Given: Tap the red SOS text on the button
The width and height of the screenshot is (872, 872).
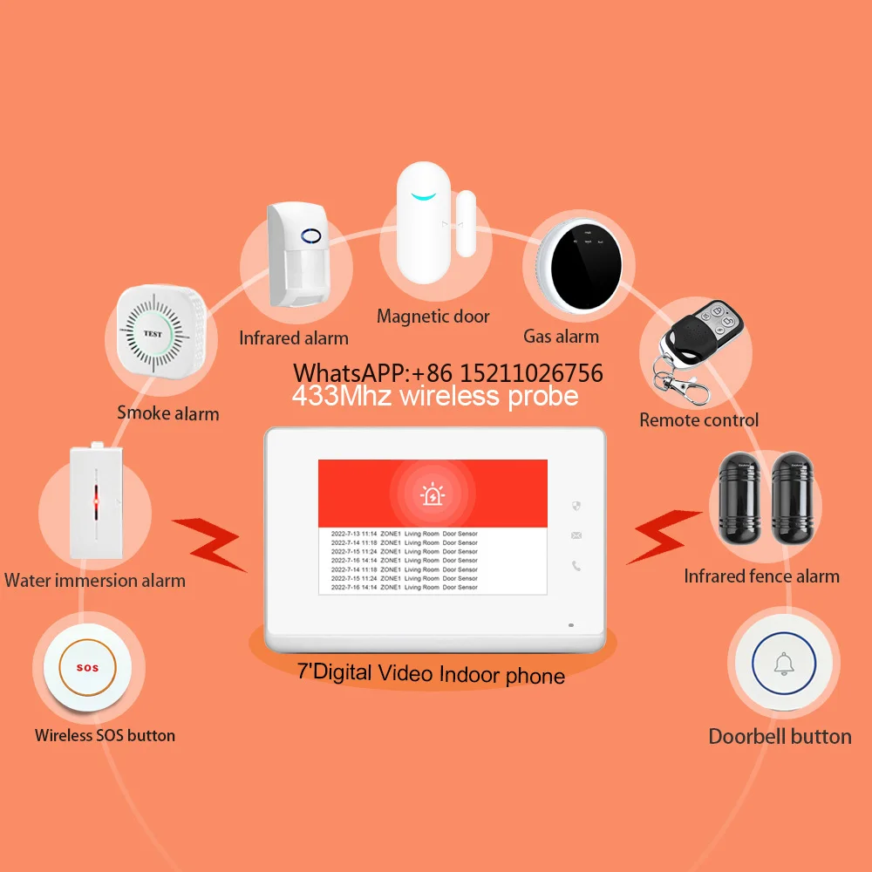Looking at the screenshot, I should (88, 668).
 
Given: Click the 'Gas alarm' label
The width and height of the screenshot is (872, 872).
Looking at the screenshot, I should (561, 337).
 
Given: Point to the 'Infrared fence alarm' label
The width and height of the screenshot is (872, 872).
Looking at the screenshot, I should (761, 576).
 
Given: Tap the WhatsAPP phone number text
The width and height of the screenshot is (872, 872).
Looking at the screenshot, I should (447, 373).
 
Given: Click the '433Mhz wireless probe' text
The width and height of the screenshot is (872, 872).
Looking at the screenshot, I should (434, 397).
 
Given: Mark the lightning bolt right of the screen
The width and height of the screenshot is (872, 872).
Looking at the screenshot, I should (664, 535).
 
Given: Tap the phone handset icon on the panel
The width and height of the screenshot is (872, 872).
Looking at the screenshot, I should (576, 566).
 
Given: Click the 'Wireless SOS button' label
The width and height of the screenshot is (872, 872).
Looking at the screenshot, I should (105, 735).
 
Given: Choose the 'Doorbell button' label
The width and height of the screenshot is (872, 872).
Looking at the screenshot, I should (780, 736).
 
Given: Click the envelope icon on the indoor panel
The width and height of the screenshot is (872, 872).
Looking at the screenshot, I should (576, 535).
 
